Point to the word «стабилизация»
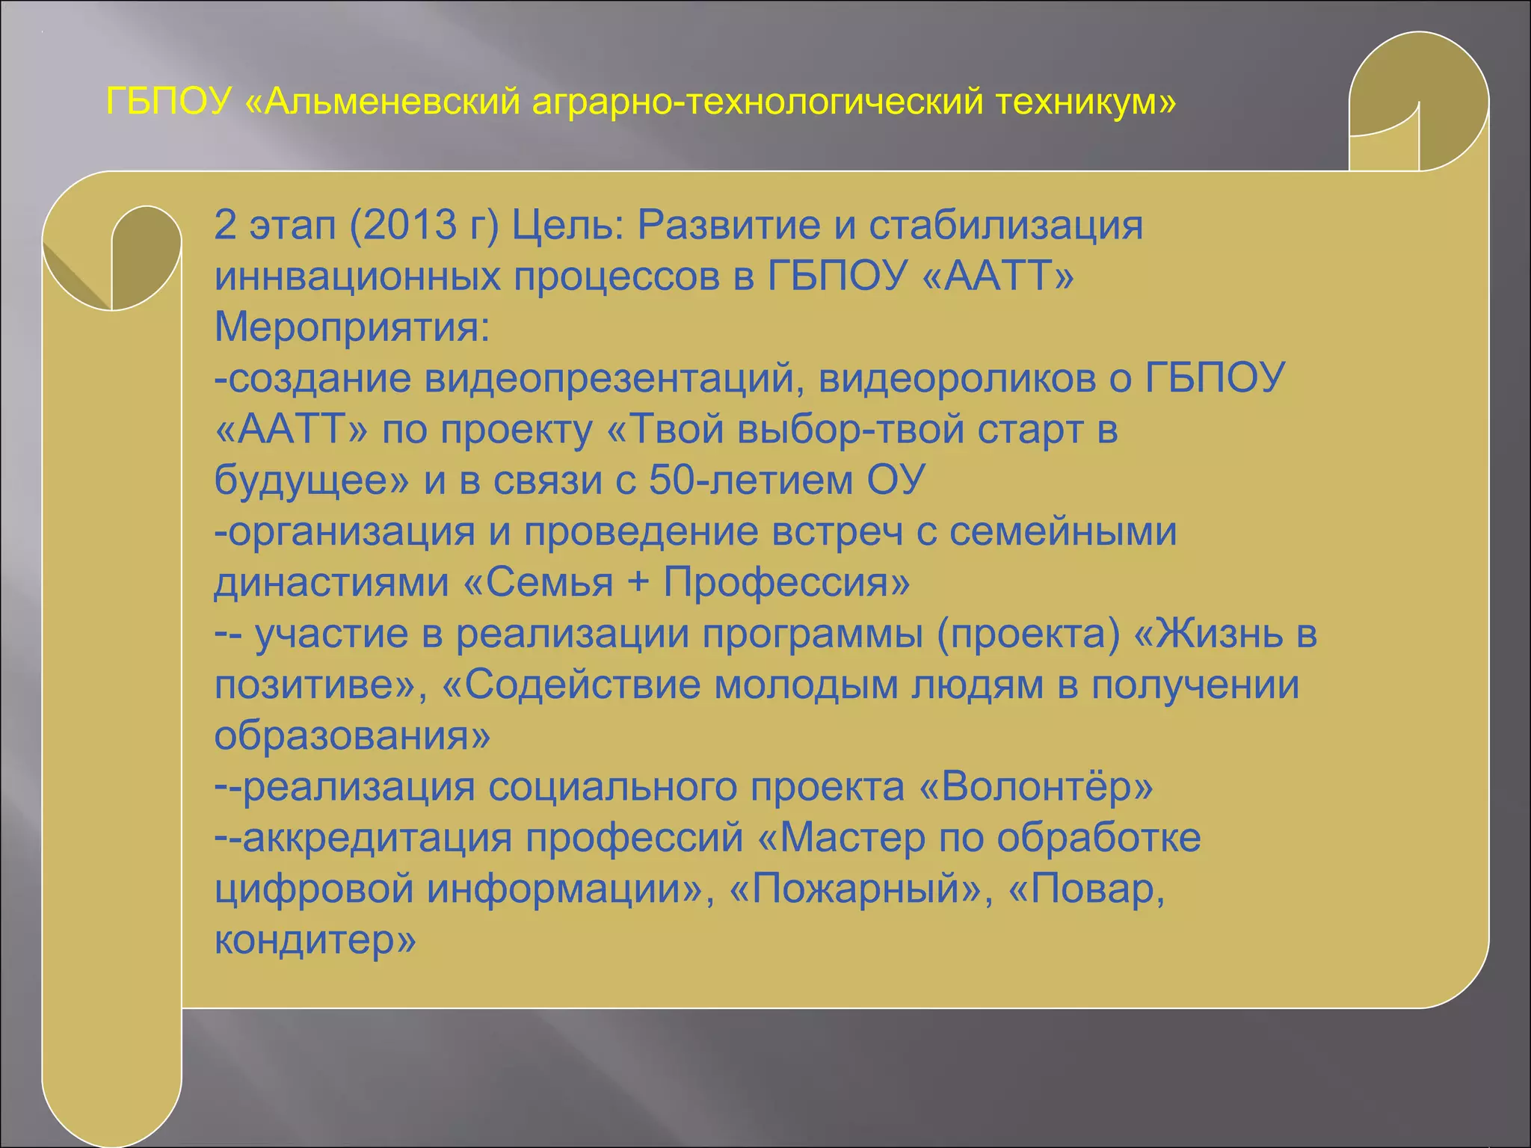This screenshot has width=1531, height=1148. [x=1005, y=225]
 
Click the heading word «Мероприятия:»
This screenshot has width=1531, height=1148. [x=352, y=327]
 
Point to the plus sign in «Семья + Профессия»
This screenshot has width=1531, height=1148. [x=638, y=582]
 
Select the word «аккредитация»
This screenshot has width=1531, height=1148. [x=377, y=838]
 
